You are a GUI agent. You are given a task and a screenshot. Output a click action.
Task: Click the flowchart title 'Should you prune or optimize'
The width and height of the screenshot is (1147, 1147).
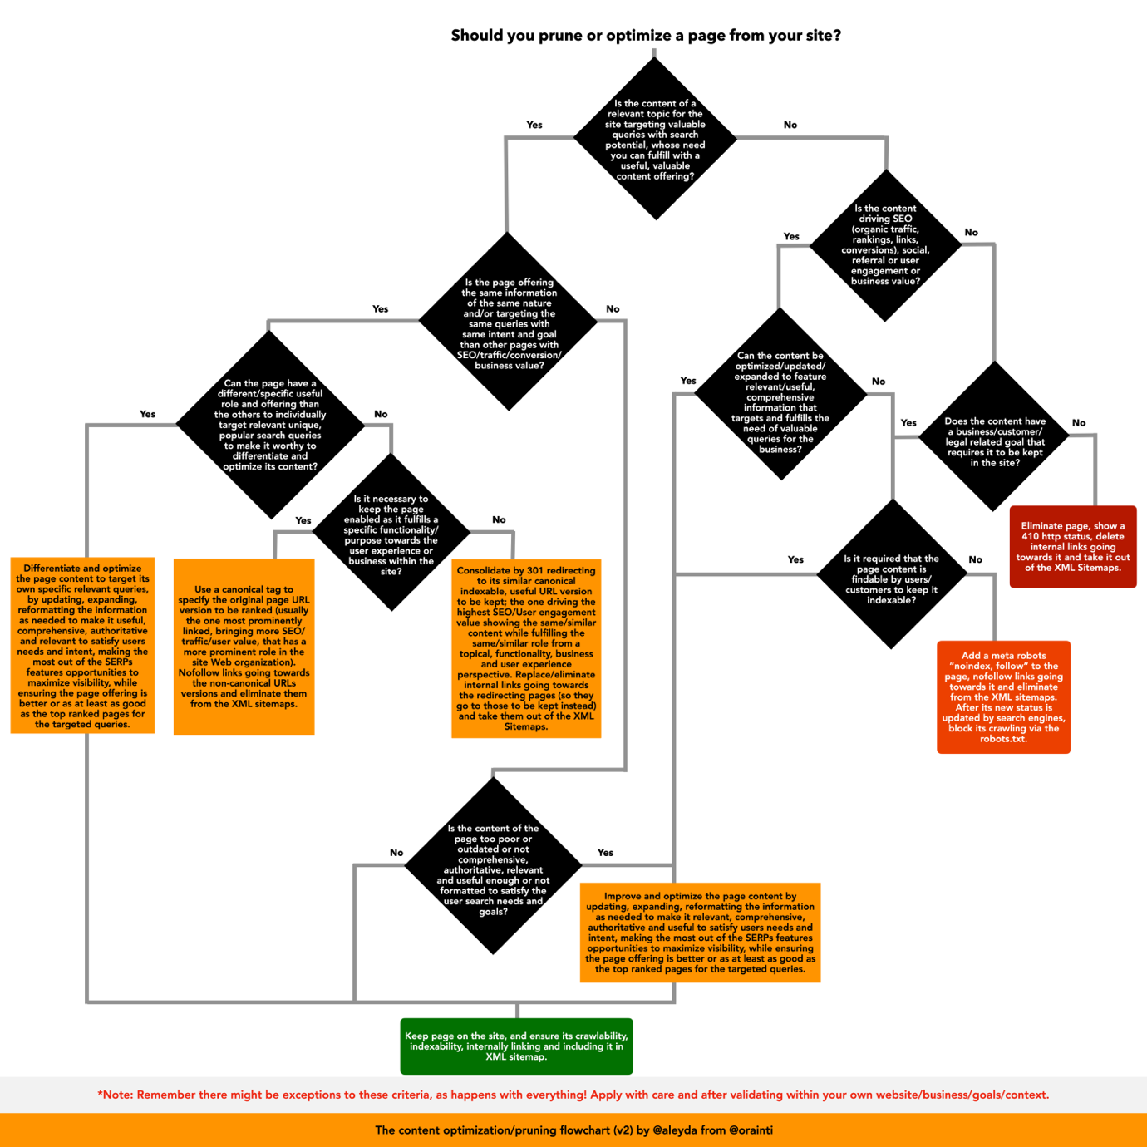pyautogui.click(x=645, y=36)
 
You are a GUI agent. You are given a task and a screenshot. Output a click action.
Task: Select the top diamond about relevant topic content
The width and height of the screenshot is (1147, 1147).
pyautogui.click(x=655, y=139)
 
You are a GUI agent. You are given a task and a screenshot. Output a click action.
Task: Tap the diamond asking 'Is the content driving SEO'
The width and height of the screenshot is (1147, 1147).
pyautogui.click(x=885, y=244)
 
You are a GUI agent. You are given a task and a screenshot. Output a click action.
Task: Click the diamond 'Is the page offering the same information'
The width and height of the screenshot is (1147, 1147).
pyautogui.click(x=509, y=322)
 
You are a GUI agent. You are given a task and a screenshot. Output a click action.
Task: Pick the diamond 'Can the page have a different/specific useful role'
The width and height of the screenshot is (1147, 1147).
pyautogui.click(x=270, y=425)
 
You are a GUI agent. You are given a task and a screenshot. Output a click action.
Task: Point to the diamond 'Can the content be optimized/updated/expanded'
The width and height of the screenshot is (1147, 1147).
pyautogui.click(x=780, y=396)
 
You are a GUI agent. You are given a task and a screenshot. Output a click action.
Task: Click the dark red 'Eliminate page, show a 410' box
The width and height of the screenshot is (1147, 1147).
pyautogui.click(x=1072, y=546)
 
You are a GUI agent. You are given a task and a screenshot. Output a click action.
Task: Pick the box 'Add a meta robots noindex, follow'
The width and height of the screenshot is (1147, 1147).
pyautogui.click(x=1003, y=697)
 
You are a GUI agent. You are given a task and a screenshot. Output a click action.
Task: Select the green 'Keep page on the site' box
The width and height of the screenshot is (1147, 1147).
pyautogui.click(x=516, y=1046)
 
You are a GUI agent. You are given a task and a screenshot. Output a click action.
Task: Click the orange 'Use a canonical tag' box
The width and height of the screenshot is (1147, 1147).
pyautogui.click(x=244, y=647)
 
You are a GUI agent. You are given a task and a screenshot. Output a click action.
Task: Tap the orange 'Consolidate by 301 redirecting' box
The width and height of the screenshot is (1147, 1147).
pyautogui.click(x=525, y=648)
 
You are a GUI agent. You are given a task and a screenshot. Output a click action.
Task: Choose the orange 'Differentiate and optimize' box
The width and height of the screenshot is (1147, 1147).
pyautogui.click(x=82, y=646)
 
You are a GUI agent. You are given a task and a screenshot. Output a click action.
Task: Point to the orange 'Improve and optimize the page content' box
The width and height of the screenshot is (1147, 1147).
pyautogui.click(x=700, y=932)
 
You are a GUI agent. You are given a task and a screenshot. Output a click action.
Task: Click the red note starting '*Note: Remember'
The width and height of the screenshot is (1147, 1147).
pyautogui.click(x=573, y=1095)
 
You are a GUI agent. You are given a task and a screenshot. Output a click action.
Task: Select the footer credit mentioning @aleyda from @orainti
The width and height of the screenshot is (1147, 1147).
pyautogui.click(x=573, y=1130)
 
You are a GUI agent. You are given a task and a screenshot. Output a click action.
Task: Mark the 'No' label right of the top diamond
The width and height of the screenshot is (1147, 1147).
pyautogui.click(x=790, y=125)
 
